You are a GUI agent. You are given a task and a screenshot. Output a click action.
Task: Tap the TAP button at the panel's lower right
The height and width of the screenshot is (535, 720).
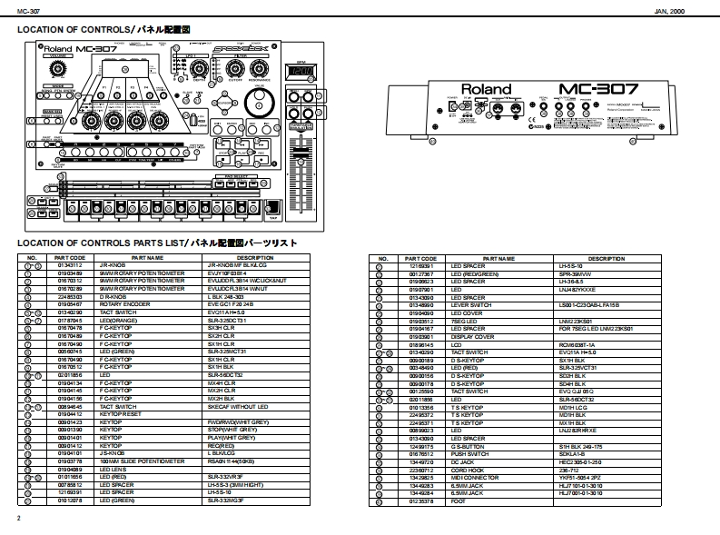click(272, 213)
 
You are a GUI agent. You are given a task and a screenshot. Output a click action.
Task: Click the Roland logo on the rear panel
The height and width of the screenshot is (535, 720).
click(486, 90)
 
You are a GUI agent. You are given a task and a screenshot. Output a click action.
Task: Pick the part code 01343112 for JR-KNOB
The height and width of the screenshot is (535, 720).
click(70, 266)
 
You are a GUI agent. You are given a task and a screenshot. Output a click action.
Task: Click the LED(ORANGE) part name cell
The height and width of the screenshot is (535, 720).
click(117, 320)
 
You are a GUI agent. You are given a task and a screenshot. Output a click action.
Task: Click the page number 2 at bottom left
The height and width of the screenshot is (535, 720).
click(18, 518)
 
